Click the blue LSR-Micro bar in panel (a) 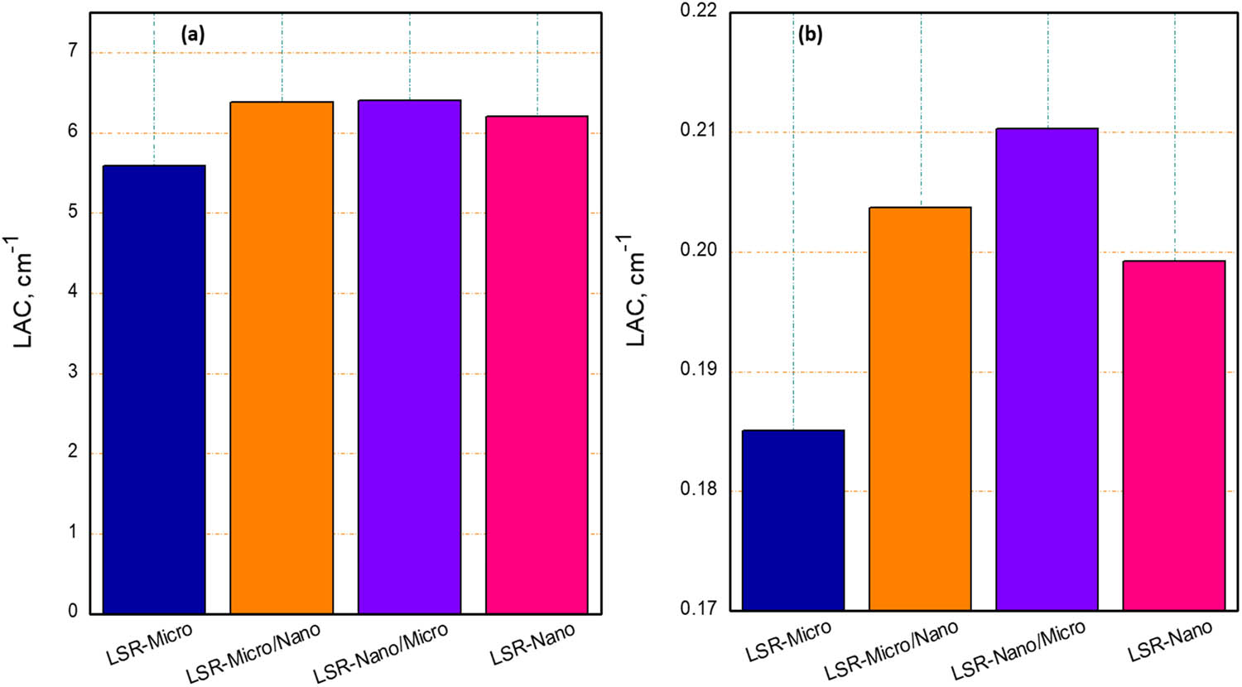(154, 389)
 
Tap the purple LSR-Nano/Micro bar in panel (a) (409, 357)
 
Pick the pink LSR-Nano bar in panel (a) (537, 365)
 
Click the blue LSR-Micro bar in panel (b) (793, 521)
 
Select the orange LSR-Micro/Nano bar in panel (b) (920, 409)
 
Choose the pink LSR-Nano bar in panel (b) (1174, 436)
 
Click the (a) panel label (193, 35)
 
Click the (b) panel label (810, 35)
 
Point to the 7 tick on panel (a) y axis (73, 51)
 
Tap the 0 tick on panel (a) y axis (73, 612)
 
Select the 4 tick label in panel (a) (73, 292)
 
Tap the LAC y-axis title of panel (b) (635, 290)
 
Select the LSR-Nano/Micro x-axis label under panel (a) (381, 653)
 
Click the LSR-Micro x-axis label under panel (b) (788, 641)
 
